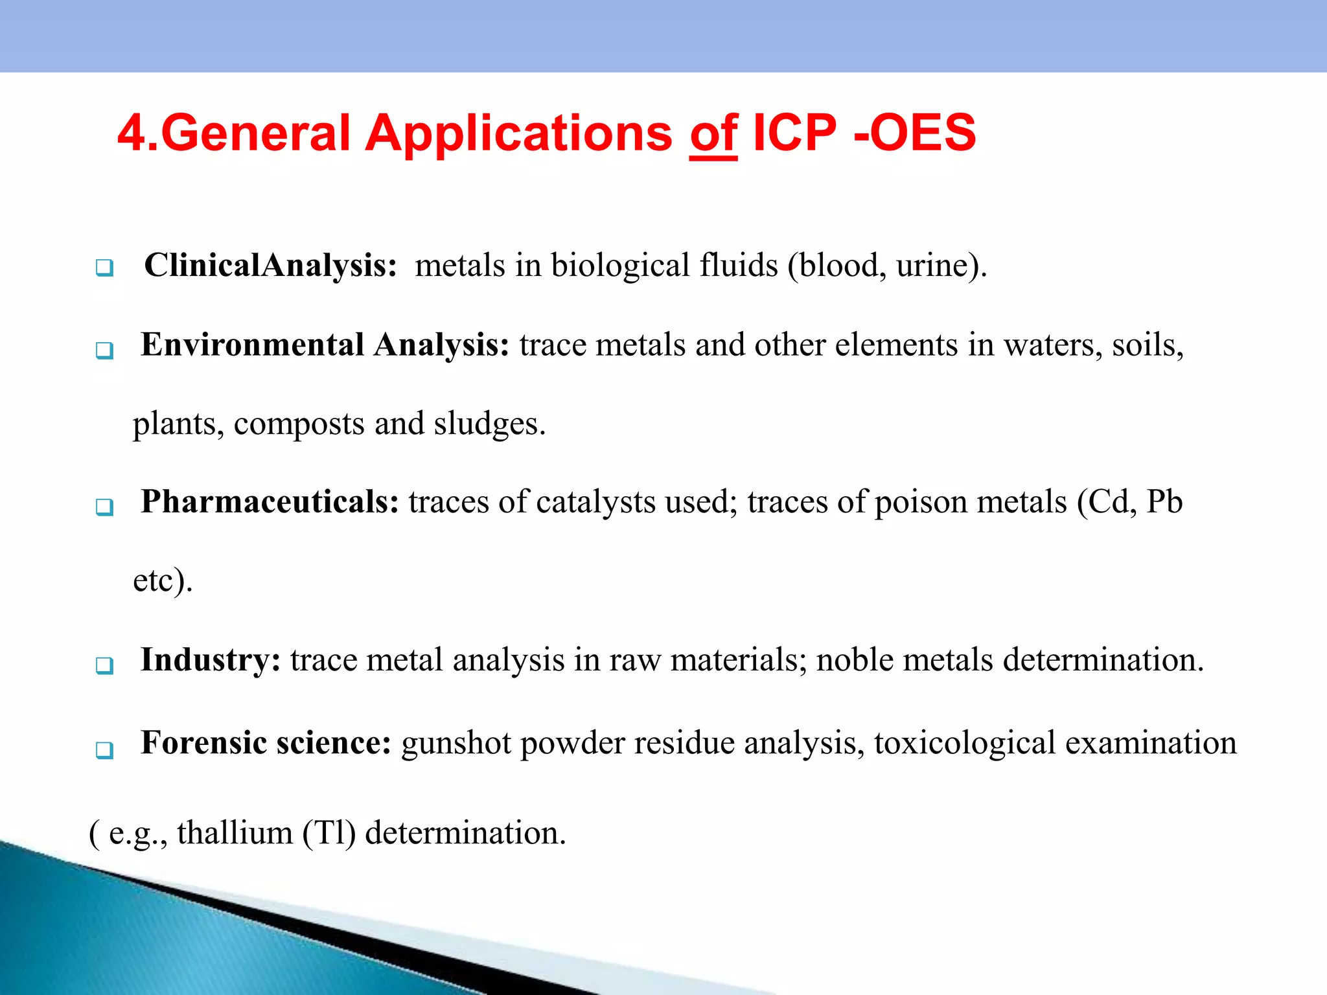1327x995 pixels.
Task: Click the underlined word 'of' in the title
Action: pyautogui.click(x=713, y=133)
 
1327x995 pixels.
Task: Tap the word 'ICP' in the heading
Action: pyautogui.click(x=795, y=133)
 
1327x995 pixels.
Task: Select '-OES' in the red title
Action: pyautogui.click(x=915, y=133)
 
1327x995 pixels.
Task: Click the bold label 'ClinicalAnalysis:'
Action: pyautogui.click(x=270, y=266)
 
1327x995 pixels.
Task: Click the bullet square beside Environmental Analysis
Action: pyautogui.click(x=104, y=350)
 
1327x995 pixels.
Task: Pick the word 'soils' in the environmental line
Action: pyautogui.click(x=1148, y=345)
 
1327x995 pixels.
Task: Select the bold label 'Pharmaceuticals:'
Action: pyautogui.click(x=270, y=502)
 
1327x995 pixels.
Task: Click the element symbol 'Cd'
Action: pyautogui.click(x=1110, y=502)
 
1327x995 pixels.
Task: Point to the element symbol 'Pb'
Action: pyautogui.click(x=1164, y=502)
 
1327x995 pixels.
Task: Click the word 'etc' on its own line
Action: pyautogui.click(x=154, y=580)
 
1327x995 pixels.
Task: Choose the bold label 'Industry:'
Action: pyautogui.click(x=211, y=660)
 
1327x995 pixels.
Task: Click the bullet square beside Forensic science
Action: pyautogui.click(x=104, y=750)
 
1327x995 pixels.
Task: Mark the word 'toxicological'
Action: pyautogui.click(x=964, y=743)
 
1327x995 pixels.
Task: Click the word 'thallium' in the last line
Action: pyautogui.click(x=235, y=833)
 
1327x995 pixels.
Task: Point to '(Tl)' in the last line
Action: pyautogui.click(x=329, y=833)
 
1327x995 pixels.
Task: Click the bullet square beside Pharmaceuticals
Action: pyautogui.click(x=104, y=507)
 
